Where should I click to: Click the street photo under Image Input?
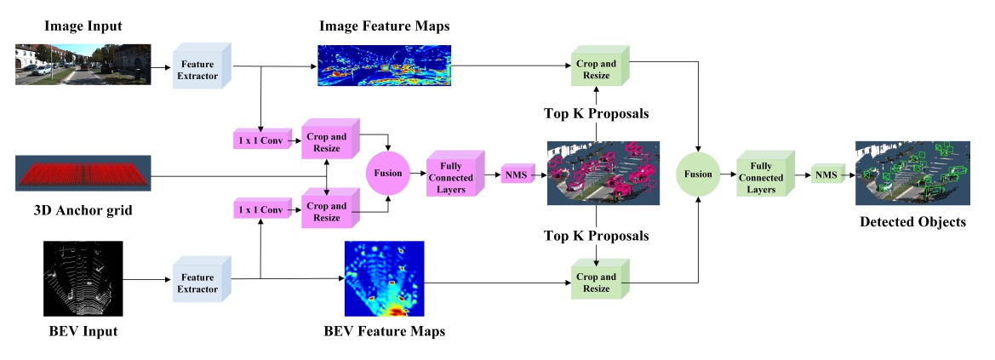point(83,64)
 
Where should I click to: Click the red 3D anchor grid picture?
point(83,173)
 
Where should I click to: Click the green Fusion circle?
point(697,173)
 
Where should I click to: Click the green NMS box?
point(825,174)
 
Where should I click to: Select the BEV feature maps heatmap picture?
point(385,278)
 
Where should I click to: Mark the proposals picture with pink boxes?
point(603,173)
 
